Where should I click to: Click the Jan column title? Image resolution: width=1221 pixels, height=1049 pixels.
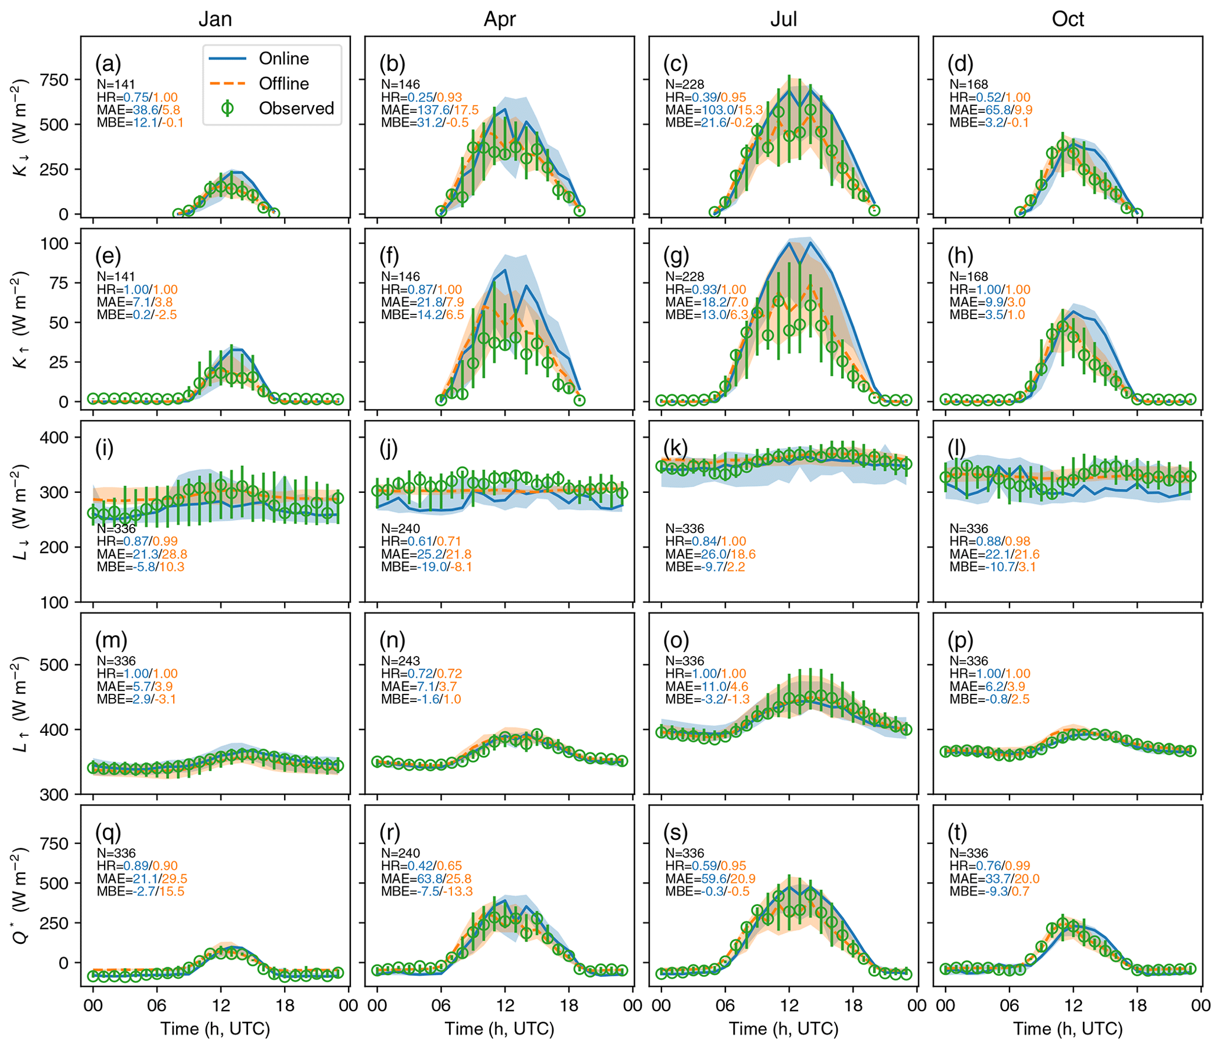(x=215, y=19)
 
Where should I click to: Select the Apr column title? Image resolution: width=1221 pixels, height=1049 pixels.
(x=499, y=19)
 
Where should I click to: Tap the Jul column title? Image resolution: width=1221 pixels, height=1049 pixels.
(x=783, y=19)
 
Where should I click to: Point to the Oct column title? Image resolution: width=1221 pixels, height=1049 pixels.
(x=1067, y=19)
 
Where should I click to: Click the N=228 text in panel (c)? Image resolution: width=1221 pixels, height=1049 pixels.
(x=685, y=85)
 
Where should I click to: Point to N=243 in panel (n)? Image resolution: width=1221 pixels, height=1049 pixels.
(x=401, y=661)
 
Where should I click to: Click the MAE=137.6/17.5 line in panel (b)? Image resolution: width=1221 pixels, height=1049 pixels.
(x=429, y=110)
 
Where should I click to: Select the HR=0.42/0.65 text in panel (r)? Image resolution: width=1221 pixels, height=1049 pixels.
(x=421, y=866)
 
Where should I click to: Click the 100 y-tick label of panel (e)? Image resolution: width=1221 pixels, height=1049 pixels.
(x=54, y=243)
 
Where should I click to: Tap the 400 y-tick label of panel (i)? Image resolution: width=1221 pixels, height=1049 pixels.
(x=54, y=437)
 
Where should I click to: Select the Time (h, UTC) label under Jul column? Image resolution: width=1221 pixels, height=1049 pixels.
(x=783, y=1029)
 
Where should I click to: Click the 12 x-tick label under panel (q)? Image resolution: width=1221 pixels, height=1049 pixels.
(x=220, y=1006)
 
